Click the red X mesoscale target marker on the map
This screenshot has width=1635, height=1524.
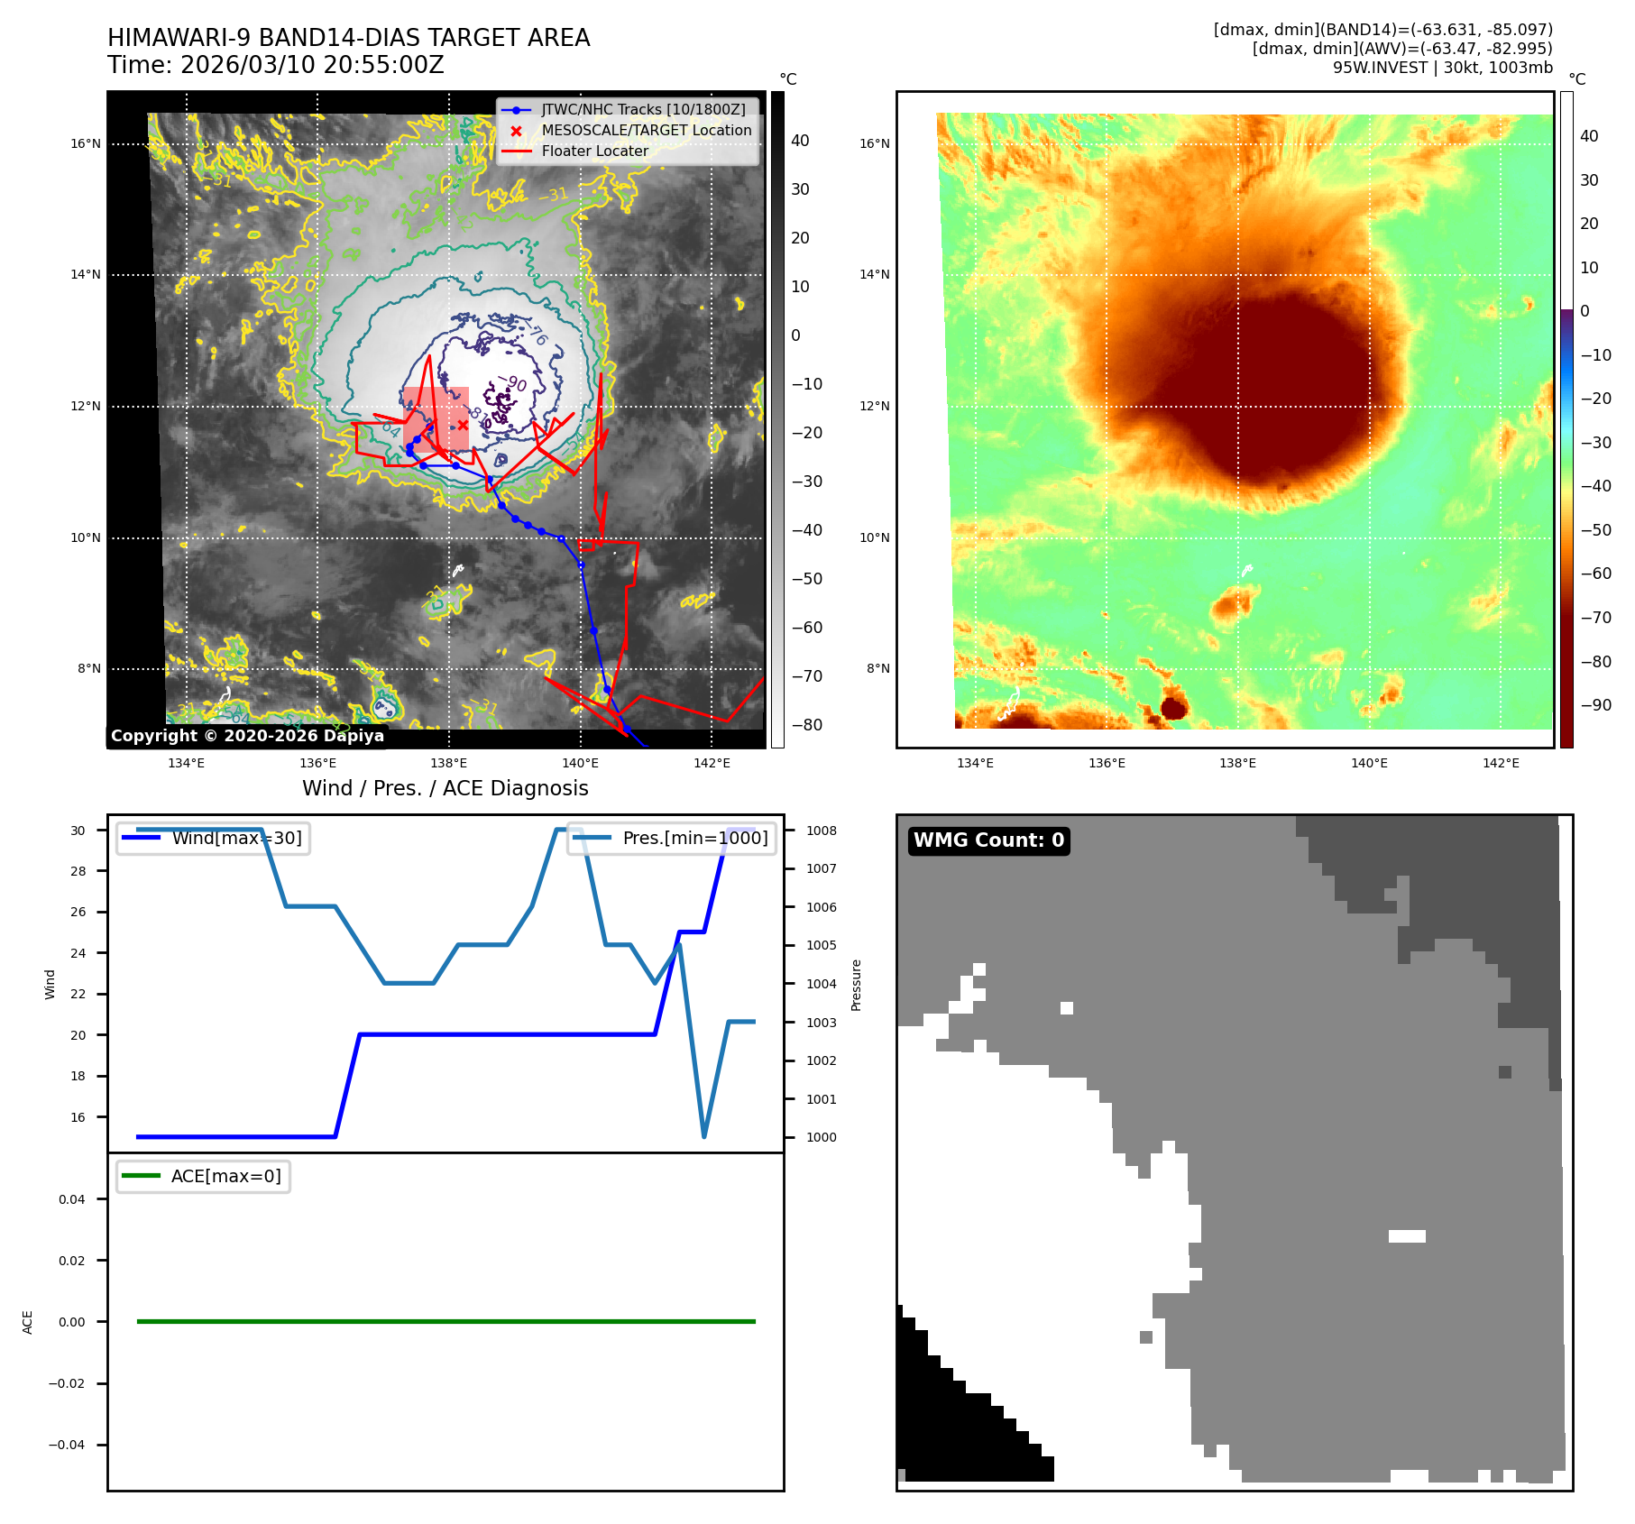tap(463, 425)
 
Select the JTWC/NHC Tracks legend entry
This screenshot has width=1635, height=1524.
tap(643, 109)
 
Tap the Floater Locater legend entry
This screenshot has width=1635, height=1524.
tap(594, 151)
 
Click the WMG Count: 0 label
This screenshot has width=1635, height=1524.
tap(988, 840)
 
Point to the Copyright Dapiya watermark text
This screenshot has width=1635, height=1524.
tap(247, 736)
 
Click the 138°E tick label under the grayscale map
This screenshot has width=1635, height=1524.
tap(449, 763)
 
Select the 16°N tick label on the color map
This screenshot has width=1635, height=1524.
tap(874, 143)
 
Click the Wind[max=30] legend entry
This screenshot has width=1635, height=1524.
tap(236, 838)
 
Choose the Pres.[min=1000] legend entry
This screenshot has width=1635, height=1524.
tap(694, 838)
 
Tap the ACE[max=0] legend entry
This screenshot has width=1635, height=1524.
tap(225, 1176)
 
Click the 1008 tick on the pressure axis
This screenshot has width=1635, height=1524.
tap(821, 831)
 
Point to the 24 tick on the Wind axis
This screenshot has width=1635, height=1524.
tap(78, 953)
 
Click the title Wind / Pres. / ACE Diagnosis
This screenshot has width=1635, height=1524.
tap(445, 788)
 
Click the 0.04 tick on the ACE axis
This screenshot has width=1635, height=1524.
tap(72, 1199)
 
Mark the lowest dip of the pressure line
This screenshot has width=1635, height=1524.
tap(703, 1136)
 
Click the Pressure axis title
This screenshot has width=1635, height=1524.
tap(856, 985)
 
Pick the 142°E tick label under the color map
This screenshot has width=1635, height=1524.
tap(1501, 763)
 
